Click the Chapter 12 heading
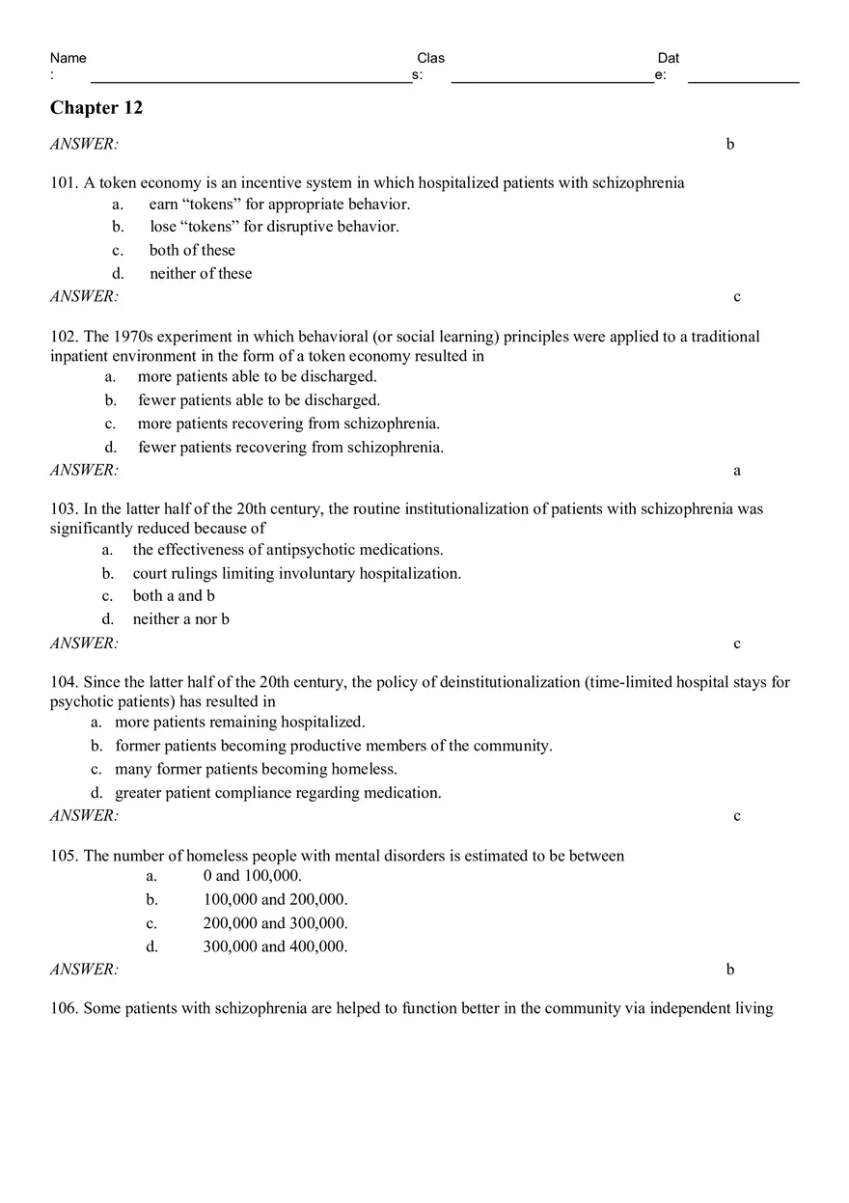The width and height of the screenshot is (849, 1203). [x=96, y=108]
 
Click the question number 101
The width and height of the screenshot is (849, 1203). [x=64, y=182]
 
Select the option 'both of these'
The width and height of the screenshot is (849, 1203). [x=192, y=250]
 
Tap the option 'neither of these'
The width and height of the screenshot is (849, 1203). [x=201, y=273]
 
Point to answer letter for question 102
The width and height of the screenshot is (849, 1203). [x=737, y=471]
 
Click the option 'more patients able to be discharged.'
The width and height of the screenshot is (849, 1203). [x=257, y=376]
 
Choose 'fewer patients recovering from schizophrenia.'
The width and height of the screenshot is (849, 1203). [x=290, y=447]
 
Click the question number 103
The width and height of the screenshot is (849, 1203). [x=64, y=507]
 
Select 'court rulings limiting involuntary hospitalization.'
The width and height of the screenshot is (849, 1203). [x=296, y=573]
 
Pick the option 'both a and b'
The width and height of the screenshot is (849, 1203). [x=174, y=595]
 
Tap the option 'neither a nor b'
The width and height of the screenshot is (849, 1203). [x=180, y=618]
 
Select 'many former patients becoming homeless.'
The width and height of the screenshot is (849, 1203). [x=256, y=769]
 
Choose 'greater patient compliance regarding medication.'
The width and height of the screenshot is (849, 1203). [x=278, y=792]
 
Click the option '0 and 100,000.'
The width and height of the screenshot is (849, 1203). [x=252, y=876]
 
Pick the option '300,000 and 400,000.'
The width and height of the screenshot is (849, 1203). [x=275, y=946]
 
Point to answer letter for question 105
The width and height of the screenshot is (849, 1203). [x=730, y=970]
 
